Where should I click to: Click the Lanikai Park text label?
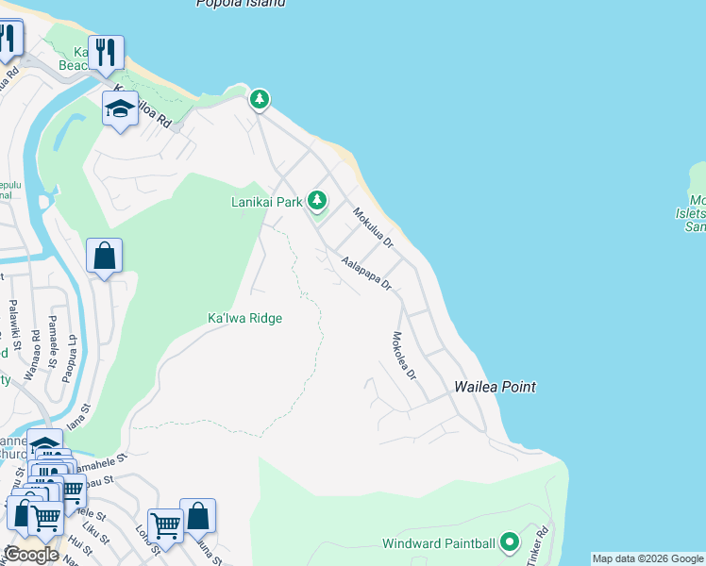tap(266, 201)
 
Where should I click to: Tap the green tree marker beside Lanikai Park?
tap(318, 200)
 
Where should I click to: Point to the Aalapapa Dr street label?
tap(366, 274)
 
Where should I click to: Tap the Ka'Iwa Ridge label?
tap(244, 319)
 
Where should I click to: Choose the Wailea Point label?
tap(495, 387)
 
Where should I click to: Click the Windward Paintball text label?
tap(438, 544)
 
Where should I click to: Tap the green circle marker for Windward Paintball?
tap(510, 542)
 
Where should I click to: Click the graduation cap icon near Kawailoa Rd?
tap(121, 109)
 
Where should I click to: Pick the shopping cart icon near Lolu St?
tap(165, 525)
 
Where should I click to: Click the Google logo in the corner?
tap(32, 555)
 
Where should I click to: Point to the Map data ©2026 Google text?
tap(647, 558)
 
